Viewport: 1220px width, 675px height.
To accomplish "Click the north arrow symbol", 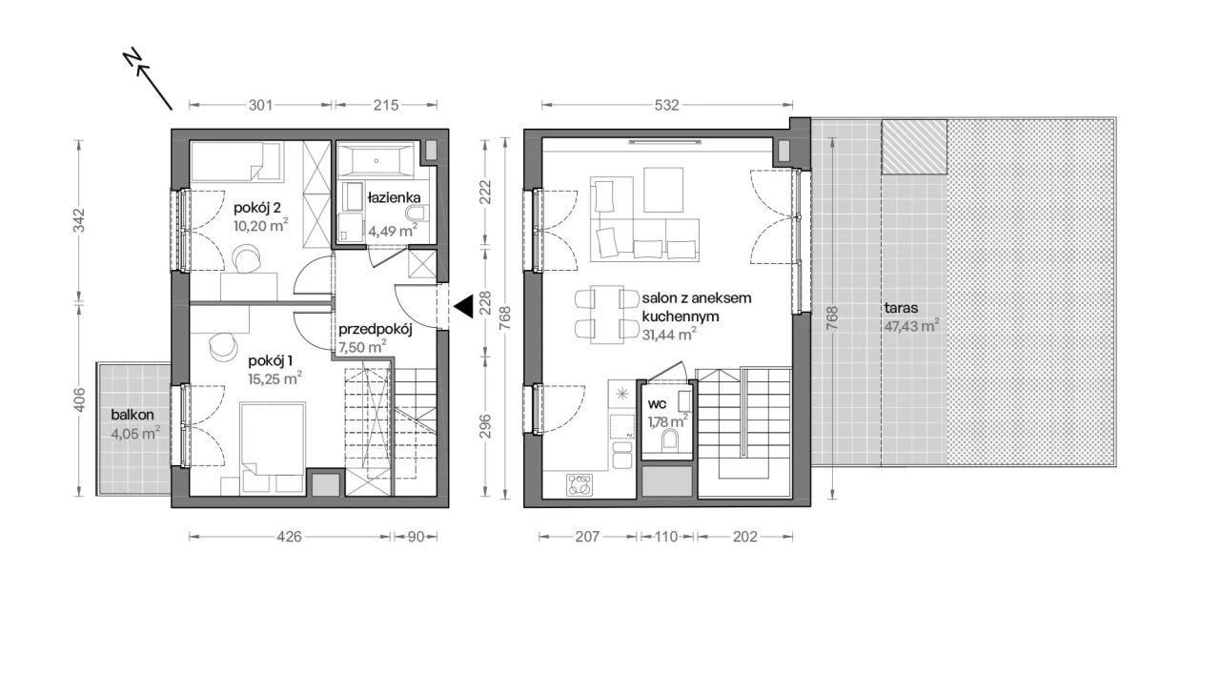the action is click(149, 81).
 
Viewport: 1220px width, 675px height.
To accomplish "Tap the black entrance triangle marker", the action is click(464, 307).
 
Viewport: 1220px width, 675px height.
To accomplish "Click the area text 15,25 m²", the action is click(275, 378).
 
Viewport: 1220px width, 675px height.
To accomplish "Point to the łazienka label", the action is click(394, 197).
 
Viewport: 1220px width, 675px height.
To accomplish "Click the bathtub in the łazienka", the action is click(376, 160).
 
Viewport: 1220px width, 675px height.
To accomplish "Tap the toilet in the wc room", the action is click(669, 440).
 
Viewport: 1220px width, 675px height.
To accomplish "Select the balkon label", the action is click(132, 415).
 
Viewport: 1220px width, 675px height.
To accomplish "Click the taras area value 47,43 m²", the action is click(912, 326).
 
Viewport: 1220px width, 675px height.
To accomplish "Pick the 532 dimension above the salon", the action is click(666, 105).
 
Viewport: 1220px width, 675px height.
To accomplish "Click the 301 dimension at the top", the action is click(260, 105).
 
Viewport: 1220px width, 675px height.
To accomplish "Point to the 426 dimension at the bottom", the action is click(289, 537).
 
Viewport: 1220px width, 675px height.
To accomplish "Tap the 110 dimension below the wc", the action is click(666, 537).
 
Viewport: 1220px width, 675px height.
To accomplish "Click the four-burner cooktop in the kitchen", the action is click(579, 485).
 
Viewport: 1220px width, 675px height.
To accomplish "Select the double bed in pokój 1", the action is click(273, 449).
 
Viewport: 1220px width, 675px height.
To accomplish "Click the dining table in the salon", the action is click(607, 315).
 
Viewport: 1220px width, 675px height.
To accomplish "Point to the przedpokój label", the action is click(376, 329).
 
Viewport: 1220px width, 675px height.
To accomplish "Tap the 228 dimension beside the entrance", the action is click(485, 303).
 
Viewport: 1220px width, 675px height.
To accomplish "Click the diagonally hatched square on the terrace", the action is click(914, 147).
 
